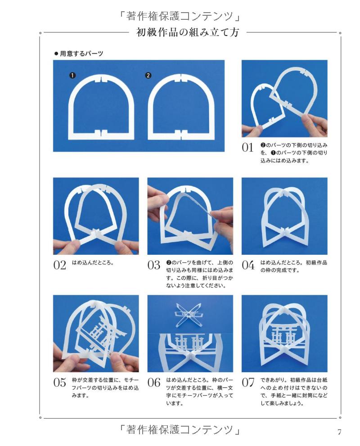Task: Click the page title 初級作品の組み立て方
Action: coord(188,32)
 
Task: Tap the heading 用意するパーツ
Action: coord(78,53)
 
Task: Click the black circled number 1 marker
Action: coord(72,75)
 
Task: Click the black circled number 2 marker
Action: coord(148,75)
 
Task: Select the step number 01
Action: coord(248,148)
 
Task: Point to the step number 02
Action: coord(59,265)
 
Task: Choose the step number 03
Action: coord(154,265)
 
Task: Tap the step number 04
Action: coord(248,265)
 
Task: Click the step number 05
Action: coord(59,383)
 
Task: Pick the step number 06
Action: coord(154,383)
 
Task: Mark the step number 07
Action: coord(248,383)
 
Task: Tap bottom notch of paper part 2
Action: coord(179,133)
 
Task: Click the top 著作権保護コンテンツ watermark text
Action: coord(180,16)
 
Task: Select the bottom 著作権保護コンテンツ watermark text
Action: coord(180,430)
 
